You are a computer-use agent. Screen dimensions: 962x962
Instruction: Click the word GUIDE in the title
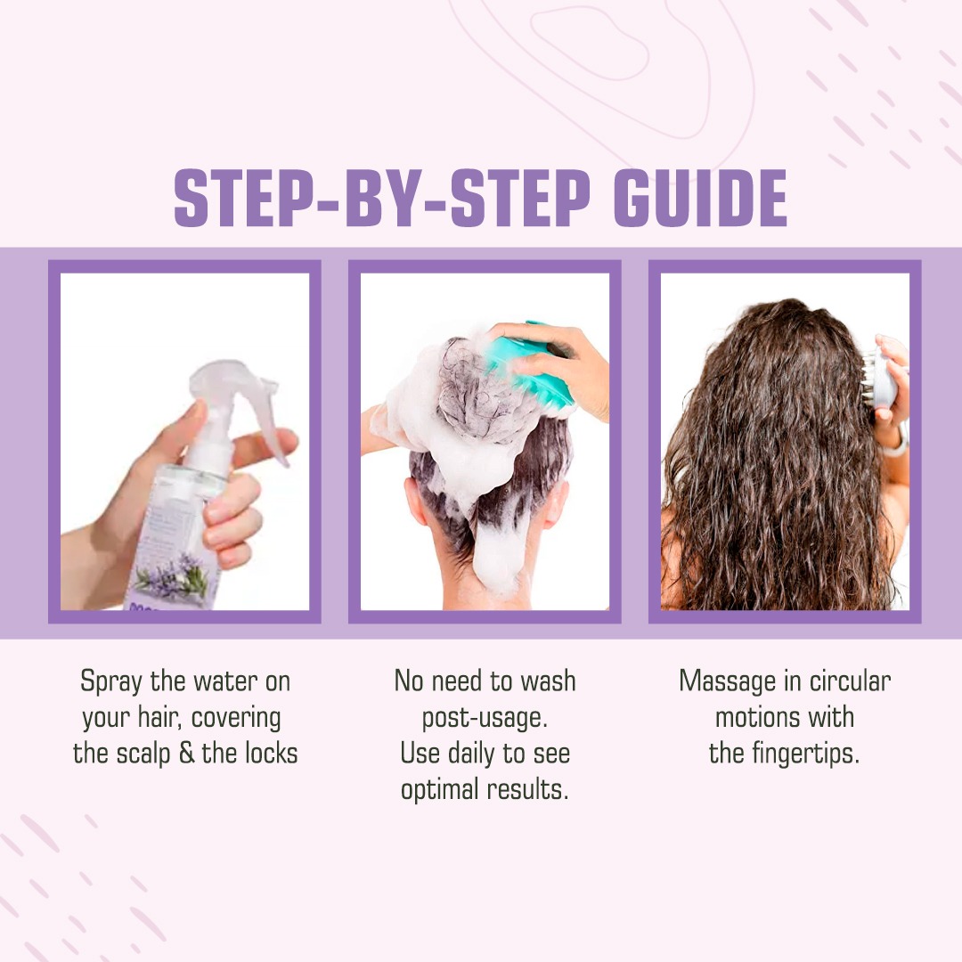pyautogui.click(x=700, y=198)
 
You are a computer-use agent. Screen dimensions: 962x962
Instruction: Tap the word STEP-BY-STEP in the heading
pyautogui.click(x=382, y=198)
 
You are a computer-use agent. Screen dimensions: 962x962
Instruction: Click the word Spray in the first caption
pyautogui.click(x=111, y=681)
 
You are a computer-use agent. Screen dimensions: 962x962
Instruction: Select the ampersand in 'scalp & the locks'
pyautogui.click(x=186, y=754)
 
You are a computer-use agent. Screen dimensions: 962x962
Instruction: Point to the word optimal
pyautogui.click(x=440, y=790)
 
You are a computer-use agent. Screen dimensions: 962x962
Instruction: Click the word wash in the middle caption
pyautogui.click(x=549, y=681)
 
